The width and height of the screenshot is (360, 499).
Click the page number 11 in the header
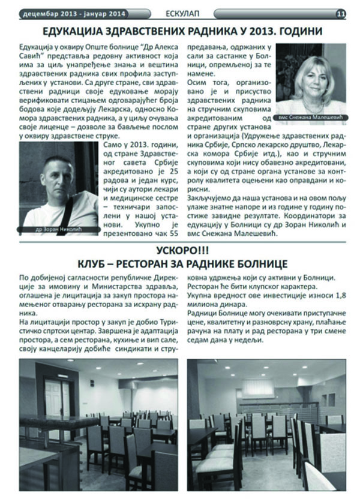[340, 12]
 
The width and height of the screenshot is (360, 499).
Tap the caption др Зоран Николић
[59, 229]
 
